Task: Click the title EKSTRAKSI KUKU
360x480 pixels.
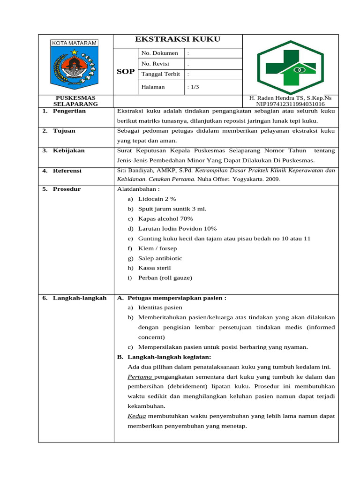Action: coord(178,39)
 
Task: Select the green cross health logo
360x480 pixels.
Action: coord(290,65)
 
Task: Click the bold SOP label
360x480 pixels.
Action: coord(125,72)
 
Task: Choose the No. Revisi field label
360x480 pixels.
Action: coord(155,63)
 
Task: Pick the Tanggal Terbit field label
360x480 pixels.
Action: coord(160,74)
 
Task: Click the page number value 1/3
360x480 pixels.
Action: coord(193,87)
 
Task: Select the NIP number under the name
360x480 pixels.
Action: coord(290,104)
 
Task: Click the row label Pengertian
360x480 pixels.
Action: coord(69,111)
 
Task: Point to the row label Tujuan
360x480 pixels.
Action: coord(64,131)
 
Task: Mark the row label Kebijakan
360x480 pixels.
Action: coord(68,150)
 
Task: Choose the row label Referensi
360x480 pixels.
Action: coord(67,171)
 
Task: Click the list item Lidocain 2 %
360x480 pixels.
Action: coord(157,199)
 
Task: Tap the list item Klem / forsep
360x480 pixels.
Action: coord(157,248)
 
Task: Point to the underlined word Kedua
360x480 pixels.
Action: coord(137,416)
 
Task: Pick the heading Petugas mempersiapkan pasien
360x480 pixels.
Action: coord(177,298)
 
